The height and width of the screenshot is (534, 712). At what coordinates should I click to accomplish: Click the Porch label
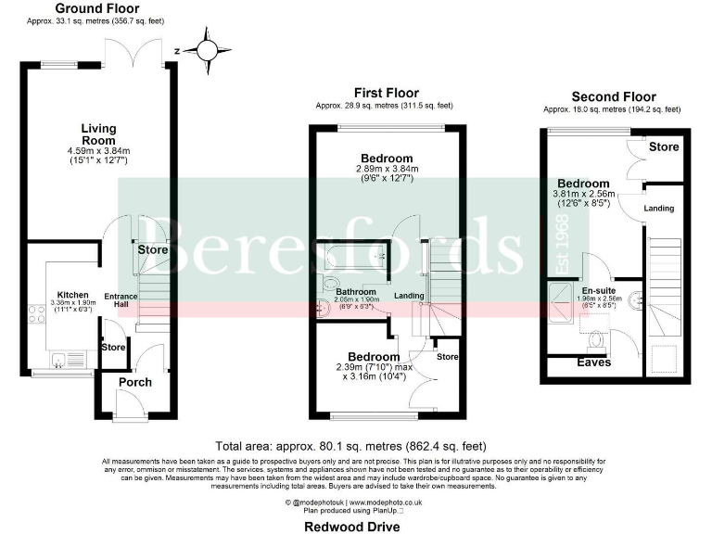[x=135, y=382]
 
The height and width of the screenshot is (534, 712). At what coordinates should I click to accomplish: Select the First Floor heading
[x=386, y=93]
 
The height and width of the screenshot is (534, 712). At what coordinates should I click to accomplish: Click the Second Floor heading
[x=613, y=96]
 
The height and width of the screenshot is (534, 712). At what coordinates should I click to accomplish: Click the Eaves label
[x=594, y=362]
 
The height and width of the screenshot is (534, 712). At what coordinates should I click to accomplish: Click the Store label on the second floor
[x=664, y=147]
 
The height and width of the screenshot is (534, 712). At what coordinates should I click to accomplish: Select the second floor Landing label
[x=659, y=208]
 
